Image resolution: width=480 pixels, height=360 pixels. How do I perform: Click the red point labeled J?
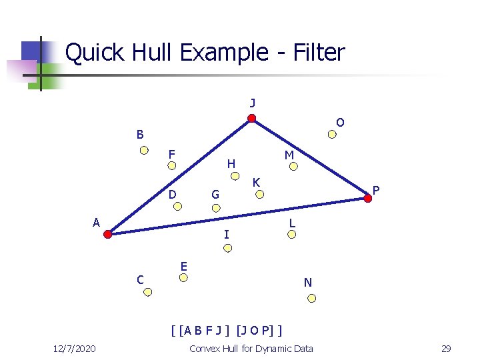[x=251, y=119]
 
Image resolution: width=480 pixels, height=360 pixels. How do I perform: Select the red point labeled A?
[x=108, y=234]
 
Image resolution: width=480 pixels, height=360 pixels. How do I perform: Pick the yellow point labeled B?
[x=144, y=150]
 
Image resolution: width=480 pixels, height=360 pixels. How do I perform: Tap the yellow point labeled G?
[x=215, y=207]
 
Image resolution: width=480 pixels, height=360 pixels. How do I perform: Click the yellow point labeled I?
[x=227, y=248]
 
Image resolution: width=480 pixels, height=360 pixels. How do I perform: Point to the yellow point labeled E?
[x=185, y=279]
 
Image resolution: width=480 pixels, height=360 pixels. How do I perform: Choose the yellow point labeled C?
[x=149, y=292]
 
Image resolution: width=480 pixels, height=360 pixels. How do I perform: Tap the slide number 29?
[x=446, y=349]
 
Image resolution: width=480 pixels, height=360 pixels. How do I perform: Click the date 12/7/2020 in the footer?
[x=74, y=349]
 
